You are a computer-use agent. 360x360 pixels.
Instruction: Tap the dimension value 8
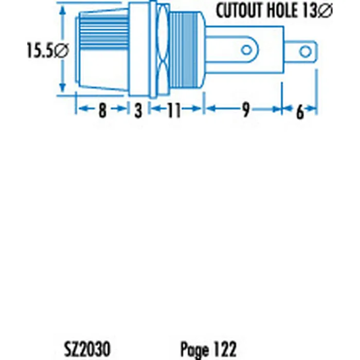[102, 110]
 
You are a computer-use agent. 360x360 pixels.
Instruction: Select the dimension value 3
[138, 110]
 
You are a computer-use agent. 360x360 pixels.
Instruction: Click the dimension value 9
[245, 110]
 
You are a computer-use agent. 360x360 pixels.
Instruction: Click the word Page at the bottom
[194, 348]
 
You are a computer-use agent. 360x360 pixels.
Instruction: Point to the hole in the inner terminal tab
[247, 50]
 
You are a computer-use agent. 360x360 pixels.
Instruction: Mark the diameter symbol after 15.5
[61, 50]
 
